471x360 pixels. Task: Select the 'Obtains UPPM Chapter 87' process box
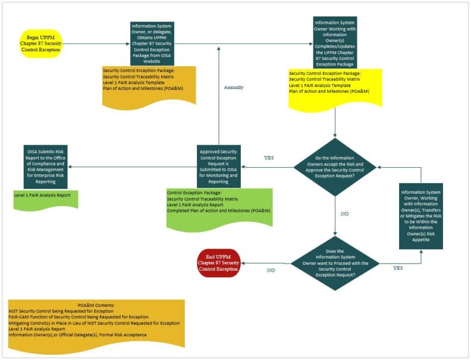(x=152, y=43)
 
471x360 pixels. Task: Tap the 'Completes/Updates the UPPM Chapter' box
(x=335, y=43)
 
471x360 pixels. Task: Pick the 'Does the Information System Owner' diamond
(x=337, y=262)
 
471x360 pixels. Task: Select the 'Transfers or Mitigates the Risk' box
(x=421, y=215)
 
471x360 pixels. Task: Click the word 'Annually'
(x=234, y=87)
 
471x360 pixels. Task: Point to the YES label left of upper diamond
(x=268, y=158)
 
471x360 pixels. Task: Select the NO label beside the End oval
(x=271, y=270)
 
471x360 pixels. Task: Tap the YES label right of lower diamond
(x=398, y=268)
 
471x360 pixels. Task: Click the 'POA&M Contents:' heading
(x=96, y=305)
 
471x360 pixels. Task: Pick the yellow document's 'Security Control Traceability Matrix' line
(x=325, y=79)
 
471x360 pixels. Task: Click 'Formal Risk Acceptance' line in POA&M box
(x=77, y=335)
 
